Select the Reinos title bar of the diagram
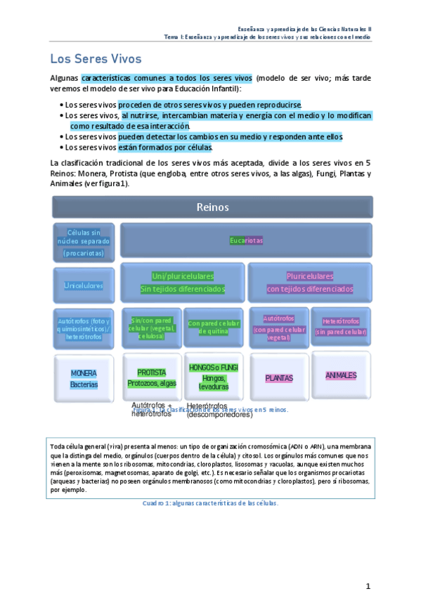tap(212, 207)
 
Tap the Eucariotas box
tap(246, 240)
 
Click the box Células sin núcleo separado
tap(84, 242)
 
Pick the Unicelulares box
tap(84, 285)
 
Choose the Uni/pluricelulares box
tap(183, 282)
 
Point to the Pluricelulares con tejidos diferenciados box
tap(309, 282)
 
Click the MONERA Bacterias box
tap(84, 379)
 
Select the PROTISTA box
tap(151, 377)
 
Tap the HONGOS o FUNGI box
tap(214, 377)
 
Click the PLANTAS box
tap(278, 378)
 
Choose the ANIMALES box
tap(341, 375)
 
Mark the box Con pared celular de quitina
tap(214, 328)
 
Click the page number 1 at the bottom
tap(368, 586)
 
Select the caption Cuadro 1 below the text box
tap(210, 503)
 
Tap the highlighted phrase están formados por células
tap(169, 148)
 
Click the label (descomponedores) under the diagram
tap(219, 415)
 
